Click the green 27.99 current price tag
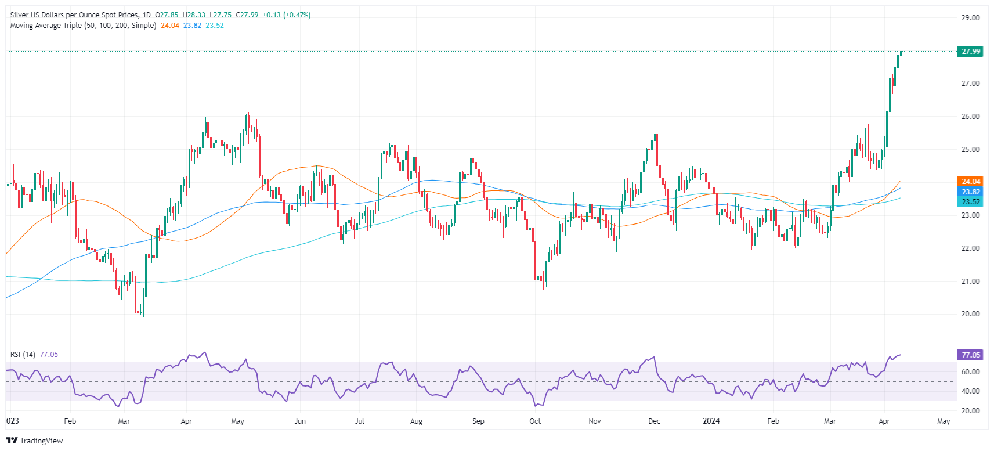(970, 52)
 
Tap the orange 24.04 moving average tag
(970, 182)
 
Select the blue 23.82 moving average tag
(970, 192)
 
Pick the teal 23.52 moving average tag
(970, 203)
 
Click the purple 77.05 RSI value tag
(970, 355)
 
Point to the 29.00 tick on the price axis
(970, 18)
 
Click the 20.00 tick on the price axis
(970, 314)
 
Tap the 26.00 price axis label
(970, 117)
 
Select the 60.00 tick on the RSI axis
(970, 372)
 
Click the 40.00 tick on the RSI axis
(970, 391)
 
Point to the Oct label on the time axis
(535, 421)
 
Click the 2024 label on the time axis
(711, 421)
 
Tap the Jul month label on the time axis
(359, 421)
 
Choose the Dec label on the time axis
(654, 421)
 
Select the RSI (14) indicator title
(23, 355)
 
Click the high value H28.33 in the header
(194, 15)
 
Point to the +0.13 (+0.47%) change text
(286, 15)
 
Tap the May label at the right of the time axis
(944, 421)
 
